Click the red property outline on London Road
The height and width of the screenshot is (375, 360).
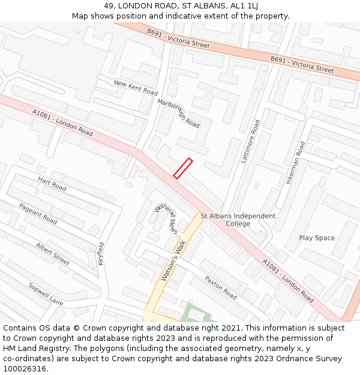[x=183, y=168]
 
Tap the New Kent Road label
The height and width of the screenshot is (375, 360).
[x=136, y=88]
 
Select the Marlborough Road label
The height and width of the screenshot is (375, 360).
[x=178, y=113]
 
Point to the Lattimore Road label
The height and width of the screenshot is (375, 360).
[x=250, y=142]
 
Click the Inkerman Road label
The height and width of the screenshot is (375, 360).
[x=296, y=163]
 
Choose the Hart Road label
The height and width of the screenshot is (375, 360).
[x=52, y=184]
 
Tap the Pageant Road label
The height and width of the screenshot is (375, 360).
[x=38, y=214]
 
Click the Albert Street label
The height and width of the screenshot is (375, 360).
[x=52, y=254]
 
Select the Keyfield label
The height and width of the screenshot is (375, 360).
[x=101, y=254]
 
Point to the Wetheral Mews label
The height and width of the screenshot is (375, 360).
[x=166, y=218]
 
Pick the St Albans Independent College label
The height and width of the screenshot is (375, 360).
[x=238, y=220]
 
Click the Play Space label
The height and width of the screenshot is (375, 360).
[x=317, y=238]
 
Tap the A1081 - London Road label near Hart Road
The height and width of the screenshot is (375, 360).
[x=62, y=122]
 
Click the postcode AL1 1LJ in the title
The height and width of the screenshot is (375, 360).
[x=244, y=6]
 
